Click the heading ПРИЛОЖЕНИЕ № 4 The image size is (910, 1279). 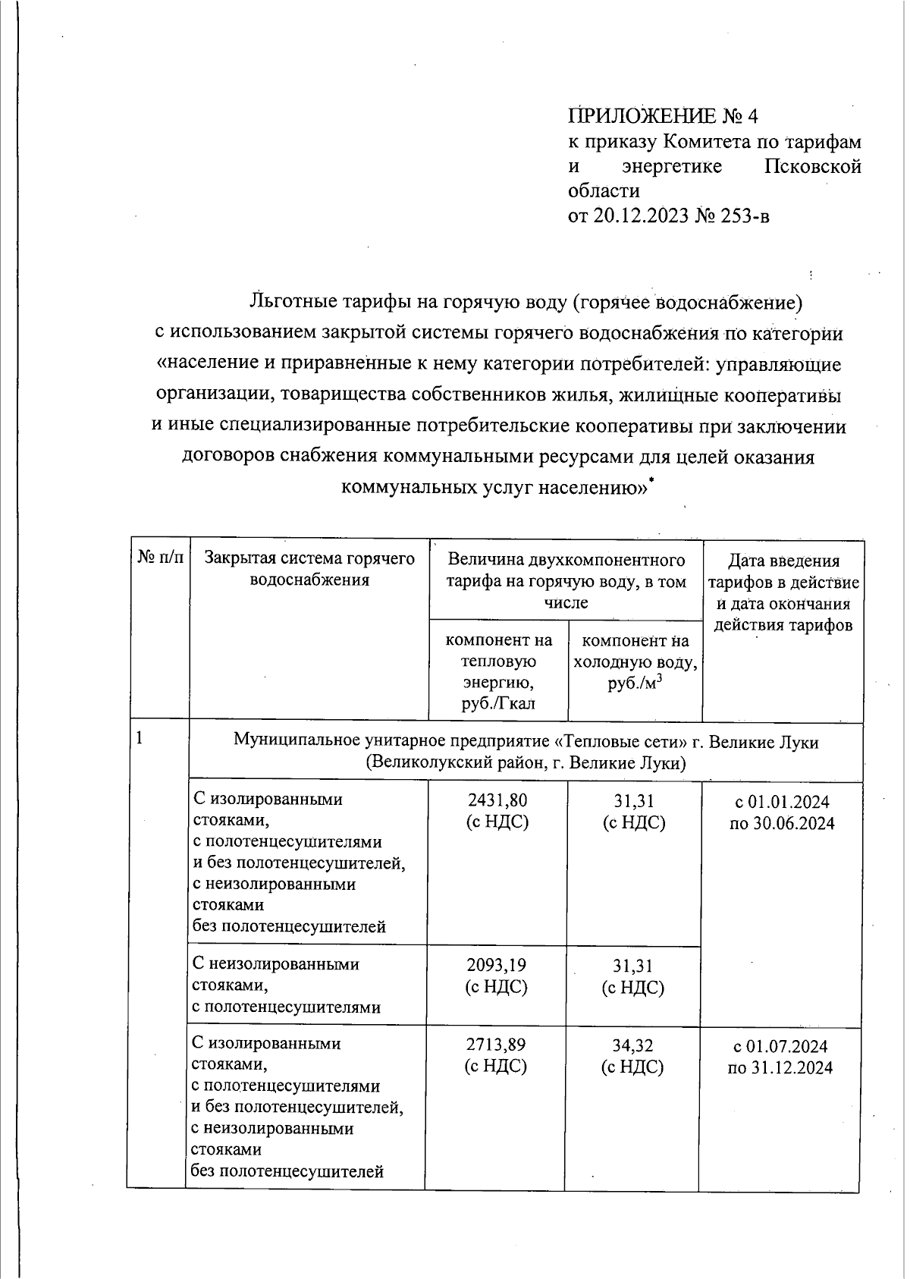point(662,116)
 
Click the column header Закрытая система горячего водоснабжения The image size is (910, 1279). point(309,570)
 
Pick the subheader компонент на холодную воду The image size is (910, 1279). point(634,661)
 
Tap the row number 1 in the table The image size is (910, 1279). point(140,738)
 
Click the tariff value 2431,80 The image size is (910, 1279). point(497,801)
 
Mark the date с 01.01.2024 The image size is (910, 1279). point(782,802)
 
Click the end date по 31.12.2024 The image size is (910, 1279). point(780,1068)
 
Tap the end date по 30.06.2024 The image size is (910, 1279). point(782,824)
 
